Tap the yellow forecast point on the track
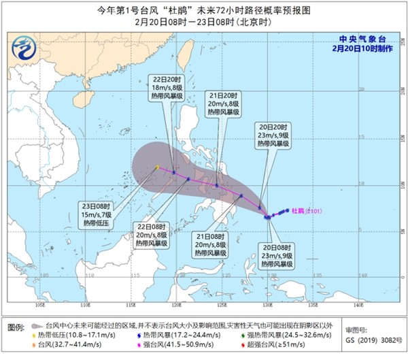click(x=157, y=167)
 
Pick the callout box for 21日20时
click(x=222, y=102)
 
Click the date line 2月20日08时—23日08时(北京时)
click(x=205, y=20)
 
